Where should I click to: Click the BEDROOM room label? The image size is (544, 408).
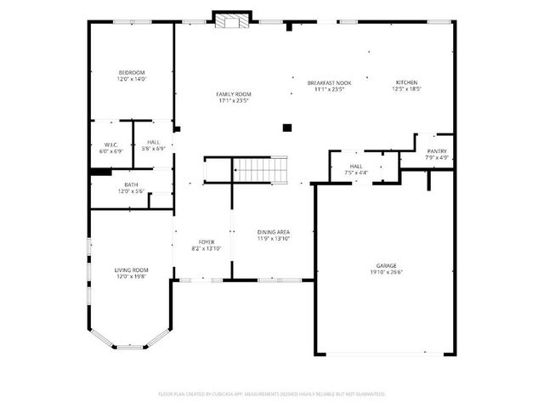click(x=132, y=72)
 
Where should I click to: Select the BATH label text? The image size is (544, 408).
click(x=131, y=184)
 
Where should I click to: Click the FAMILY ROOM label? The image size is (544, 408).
click(x=233, y=93)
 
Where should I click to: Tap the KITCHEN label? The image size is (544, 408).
click(x=406, y=82)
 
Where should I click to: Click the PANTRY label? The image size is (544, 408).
click(x=437, y=151)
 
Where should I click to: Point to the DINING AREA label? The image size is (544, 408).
click(x=274, y=231)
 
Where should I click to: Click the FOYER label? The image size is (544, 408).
click(x=207, y=242)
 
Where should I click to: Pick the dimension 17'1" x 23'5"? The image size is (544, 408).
click(x=233, y=100)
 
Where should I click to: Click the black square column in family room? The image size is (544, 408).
click(x=287, y=127)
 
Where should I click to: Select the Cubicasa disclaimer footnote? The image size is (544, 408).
click(x=272, y=394)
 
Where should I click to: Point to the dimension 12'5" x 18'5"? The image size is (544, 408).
click(x=406, y=88)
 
